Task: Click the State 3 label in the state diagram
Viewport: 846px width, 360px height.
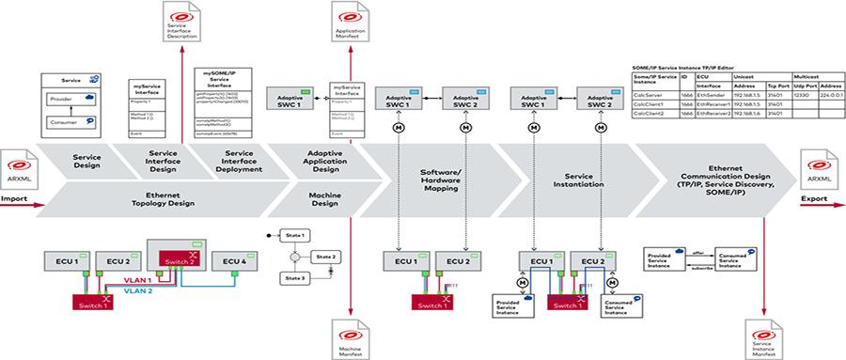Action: pos(297,276)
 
